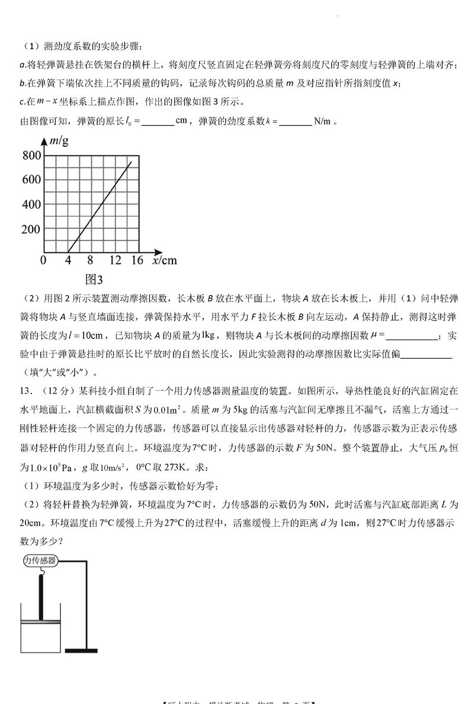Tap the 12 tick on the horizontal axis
[115, 260]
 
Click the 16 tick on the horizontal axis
[137, 260]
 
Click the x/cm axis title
[164, 260]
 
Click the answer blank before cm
[158, 121]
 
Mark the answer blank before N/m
[295, 121]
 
